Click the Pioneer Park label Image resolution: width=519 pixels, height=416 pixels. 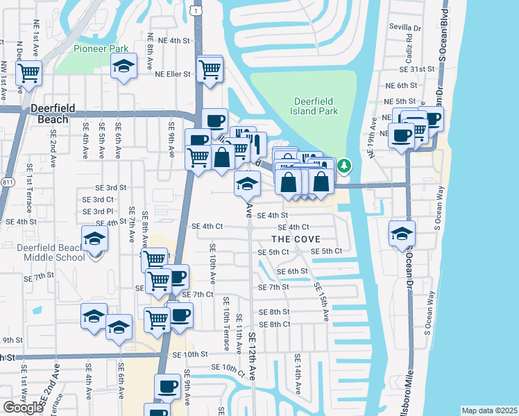pos(101,49)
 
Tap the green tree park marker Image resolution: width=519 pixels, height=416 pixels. pos(344,165)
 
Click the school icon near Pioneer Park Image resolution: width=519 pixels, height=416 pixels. pos(124,68)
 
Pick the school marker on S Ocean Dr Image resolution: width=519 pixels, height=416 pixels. pos(401,234)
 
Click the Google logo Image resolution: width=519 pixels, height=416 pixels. pos(23,407)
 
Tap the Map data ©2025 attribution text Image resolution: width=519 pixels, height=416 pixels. pos(490,410)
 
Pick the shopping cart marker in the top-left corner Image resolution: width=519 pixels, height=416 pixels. pos(28,72)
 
